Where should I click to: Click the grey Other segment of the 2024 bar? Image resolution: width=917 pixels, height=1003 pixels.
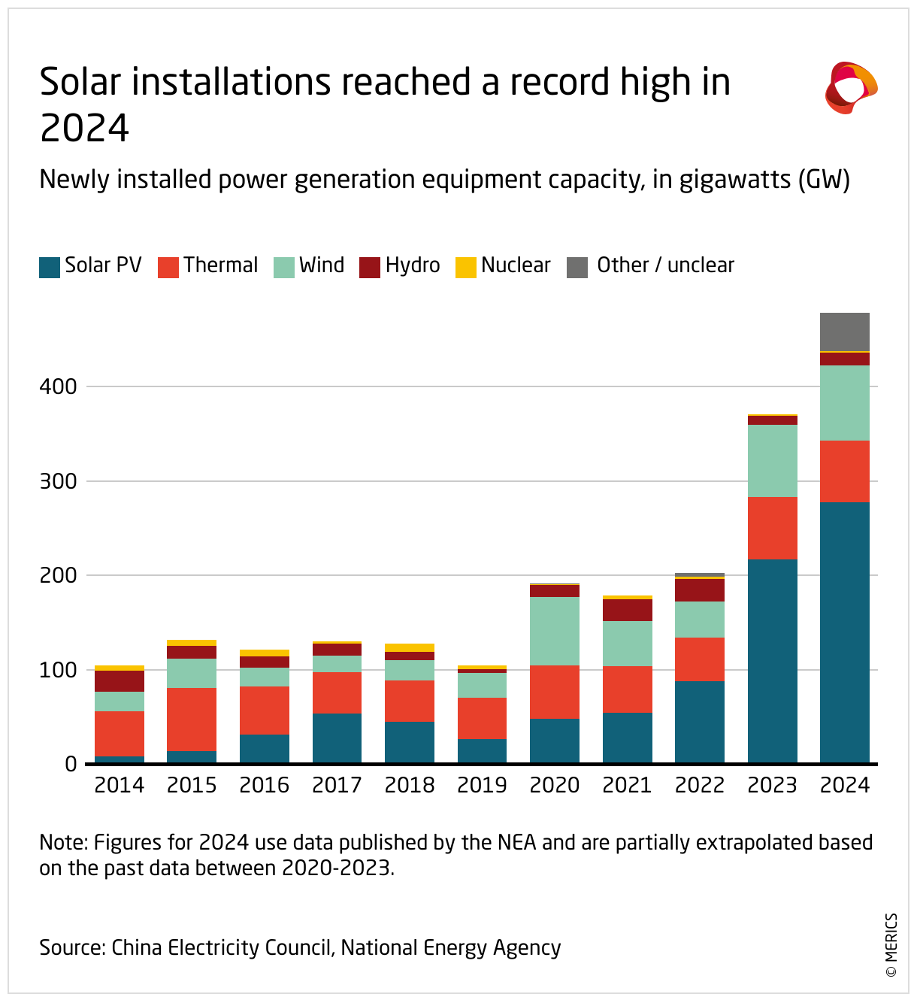click(844, 332)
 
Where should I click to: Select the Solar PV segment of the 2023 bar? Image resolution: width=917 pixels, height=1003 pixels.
click(772, 661)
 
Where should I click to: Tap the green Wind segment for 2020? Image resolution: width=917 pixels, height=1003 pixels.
click(555, 631)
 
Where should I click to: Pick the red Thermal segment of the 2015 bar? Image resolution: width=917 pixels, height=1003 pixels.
click(192, 719)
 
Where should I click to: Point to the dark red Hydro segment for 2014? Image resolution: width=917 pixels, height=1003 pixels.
click(120, 680)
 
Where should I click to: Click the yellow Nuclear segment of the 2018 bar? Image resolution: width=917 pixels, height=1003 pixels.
click(410, 647)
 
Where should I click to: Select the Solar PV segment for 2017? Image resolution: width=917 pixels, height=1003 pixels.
click(337, 738)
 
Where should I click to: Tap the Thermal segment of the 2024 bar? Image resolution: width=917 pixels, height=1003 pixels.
click(844, 471)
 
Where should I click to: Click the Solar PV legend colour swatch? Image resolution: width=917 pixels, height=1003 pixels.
click(50, 267)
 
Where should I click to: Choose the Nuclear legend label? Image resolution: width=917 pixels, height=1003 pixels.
click(516, 265)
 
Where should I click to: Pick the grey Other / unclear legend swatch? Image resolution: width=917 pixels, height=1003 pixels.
click(577, 267)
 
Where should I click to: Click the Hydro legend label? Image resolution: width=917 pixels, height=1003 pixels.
click(413, 265)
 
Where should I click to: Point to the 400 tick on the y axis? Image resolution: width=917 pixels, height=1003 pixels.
click(59, 386)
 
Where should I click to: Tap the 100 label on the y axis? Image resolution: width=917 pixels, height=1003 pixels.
click(59, 670)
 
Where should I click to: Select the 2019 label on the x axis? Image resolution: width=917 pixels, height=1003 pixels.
click(482, 785)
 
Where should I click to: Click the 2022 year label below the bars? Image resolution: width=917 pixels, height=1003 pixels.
click(700, 785)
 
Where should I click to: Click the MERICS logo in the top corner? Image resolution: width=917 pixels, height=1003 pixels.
click(851, 88)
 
